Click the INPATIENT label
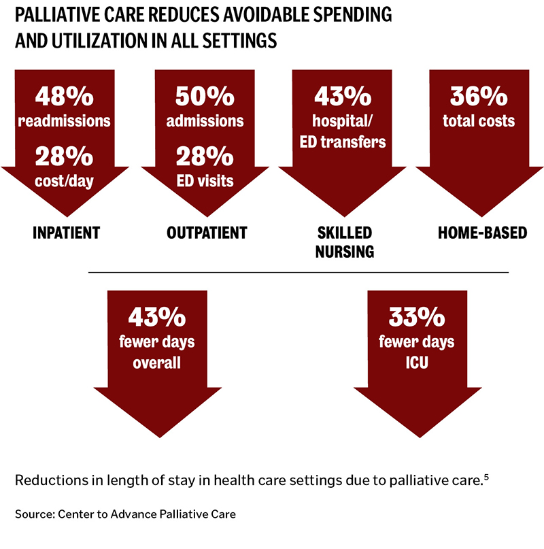coord(67,233)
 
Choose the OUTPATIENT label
coord(207,233)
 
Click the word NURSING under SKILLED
coord(345,252)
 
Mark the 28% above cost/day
coord(66,156)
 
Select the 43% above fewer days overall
coord(156,318)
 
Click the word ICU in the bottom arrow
coord(416,361)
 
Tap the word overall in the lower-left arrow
coord(156,362)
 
